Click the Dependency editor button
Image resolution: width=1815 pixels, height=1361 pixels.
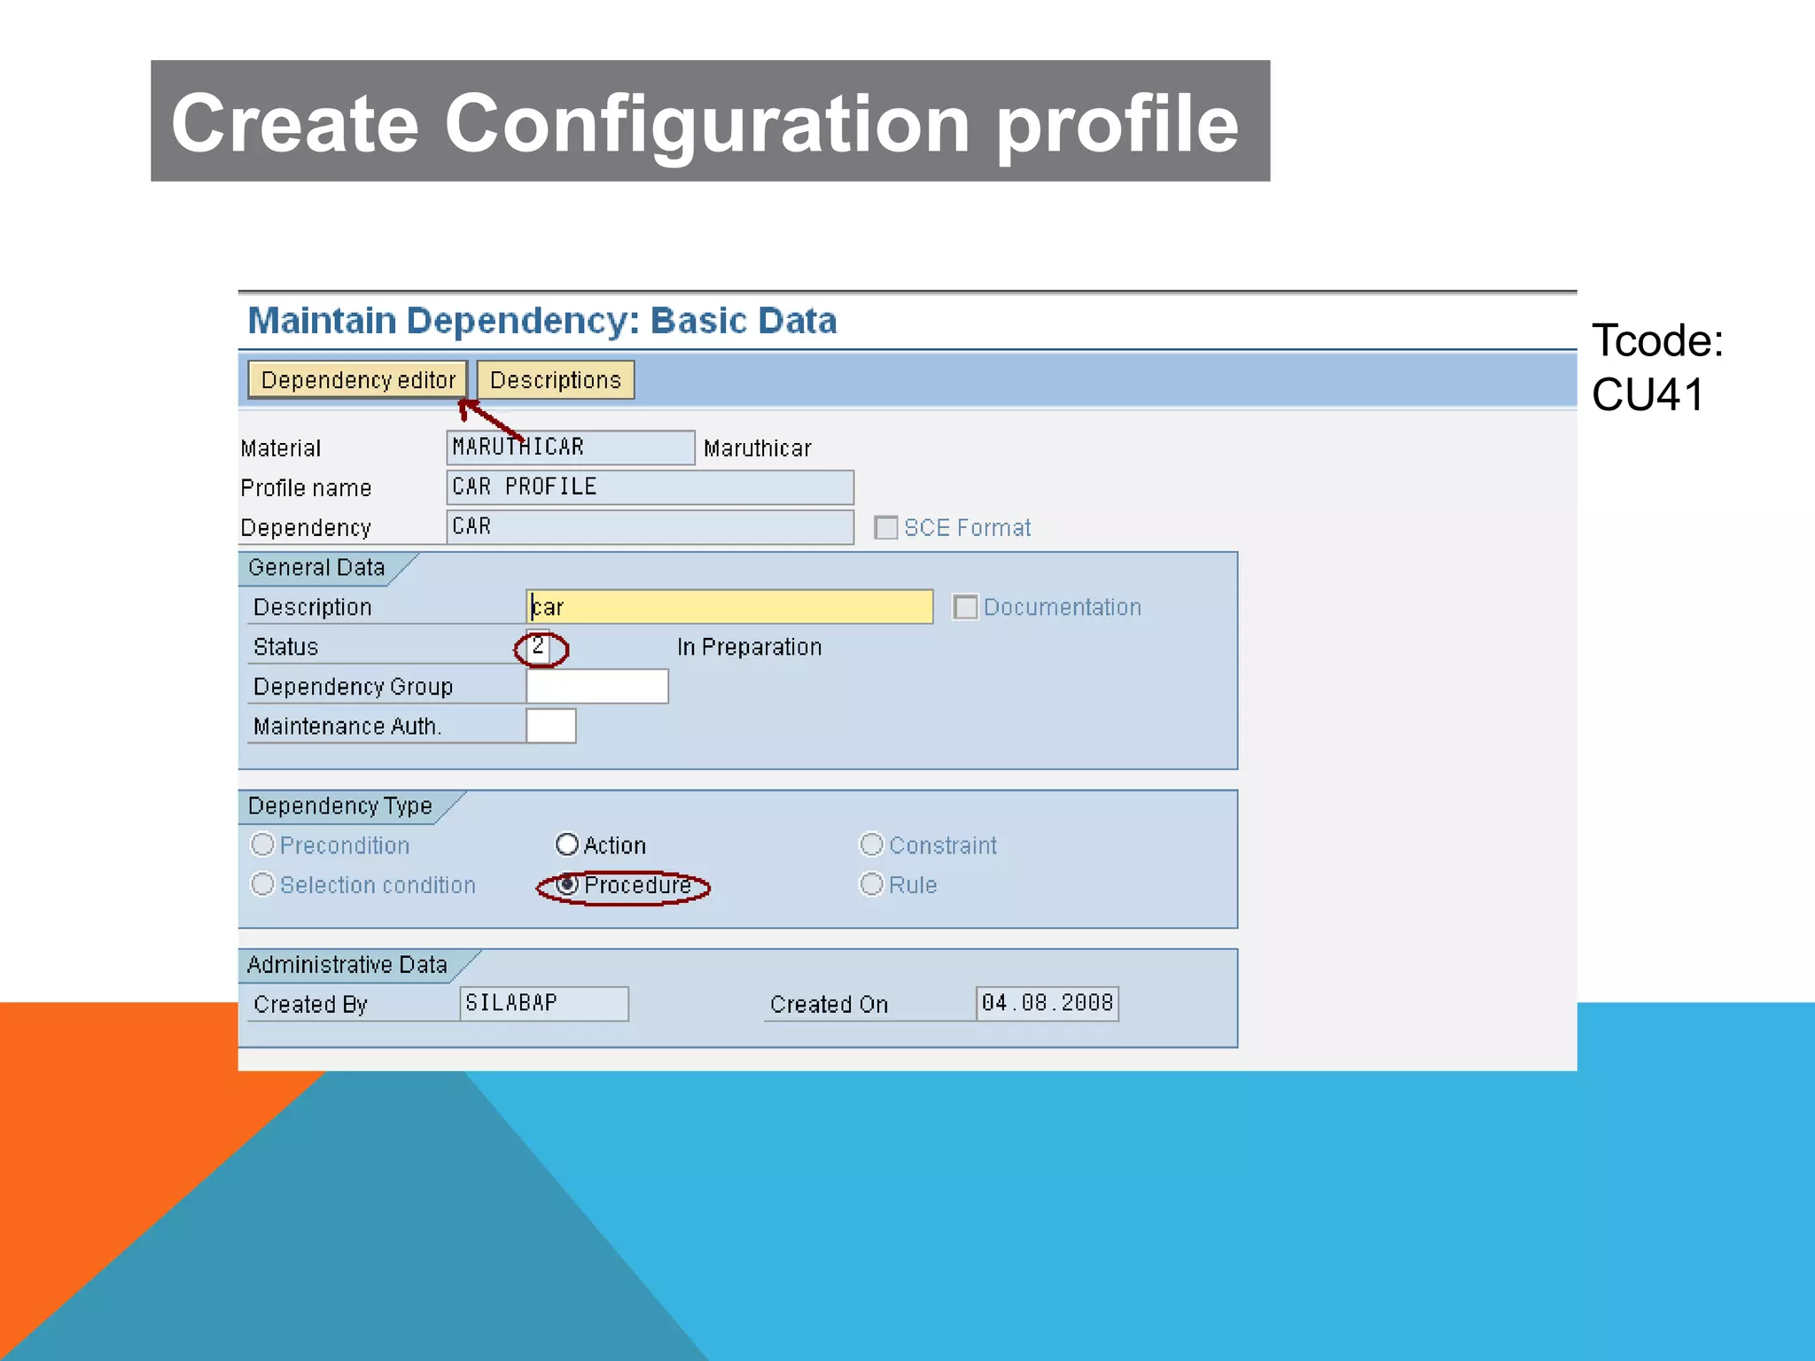pyautogui.click(x=357, y=380)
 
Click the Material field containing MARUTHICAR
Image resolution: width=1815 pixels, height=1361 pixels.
pyautogui.click(x=570, y=447)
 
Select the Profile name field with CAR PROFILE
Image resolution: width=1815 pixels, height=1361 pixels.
pyautogui.click(x=650, y=487)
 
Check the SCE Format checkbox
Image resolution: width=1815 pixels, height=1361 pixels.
pyautogui.click(x=885, y=528)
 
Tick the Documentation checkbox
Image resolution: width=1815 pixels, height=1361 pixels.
pyautogui.click(x=965, y=608)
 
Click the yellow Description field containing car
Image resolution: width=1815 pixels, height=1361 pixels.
pyautogui.click(x=728, y=608)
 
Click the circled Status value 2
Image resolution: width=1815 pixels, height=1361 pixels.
pyautogui.click(x=538, y=647)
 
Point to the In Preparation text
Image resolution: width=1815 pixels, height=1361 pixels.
pyautogui.click(x=749, y=648)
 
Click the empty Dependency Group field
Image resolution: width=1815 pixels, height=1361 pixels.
pyautogui.click(x=596, y=687)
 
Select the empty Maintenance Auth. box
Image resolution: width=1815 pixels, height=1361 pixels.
pyautogui.click(x=550, y=727)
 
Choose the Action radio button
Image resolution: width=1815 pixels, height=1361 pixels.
pyautogui.click(x=567, y=844)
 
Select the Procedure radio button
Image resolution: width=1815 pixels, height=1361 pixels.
pyautogui.click(x=568, y=884)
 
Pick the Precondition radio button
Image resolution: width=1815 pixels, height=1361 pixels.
pyautogui.click(x=262, y=844)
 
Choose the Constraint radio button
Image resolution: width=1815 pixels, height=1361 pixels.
pyautogui.click(x=871, y=844)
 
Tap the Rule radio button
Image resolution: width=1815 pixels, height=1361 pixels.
pyautogui.click(x=871, y=884)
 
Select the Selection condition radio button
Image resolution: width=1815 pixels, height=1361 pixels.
pyautogui.click(x=262, y=884)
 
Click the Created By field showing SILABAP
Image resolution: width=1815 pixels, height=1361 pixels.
pyautogui.click(x=543, y=1004)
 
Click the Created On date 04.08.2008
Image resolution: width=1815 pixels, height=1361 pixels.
pyautogui.click(x=1047, y=1004)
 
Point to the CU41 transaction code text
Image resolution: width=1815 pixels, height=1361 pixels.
pyautogui.click(x=1648, y=395)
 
